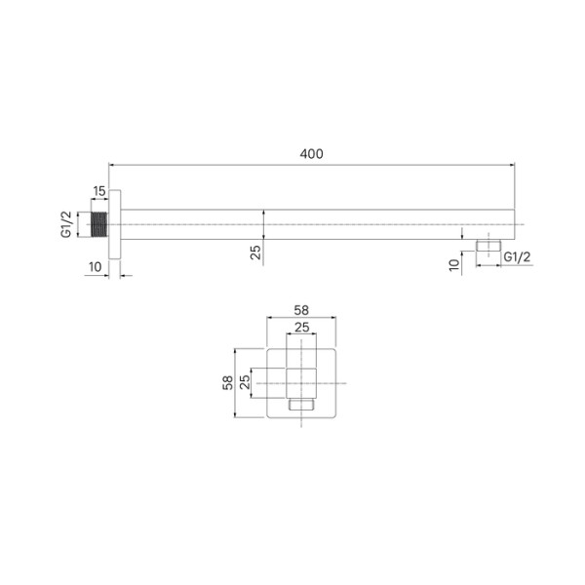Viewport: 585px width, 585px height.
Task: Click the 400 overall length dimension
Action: click(311, 153)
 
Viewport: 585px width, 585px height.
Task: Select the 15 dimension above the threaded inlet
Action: click(99, 190)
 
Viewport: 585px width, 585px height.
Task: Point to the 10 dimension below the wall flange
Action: click(95, 266)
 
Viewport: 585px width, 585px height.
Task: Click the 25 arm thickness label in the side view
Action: click(255, 253)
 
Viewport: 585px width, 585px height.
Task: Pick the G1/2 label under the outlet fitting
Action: click(517, 256)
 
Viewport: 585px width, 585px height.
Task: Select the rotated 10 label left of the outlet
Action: click(454, 264)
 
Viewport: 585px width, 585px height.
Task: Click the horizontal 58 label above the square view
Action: click(301, 310)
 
